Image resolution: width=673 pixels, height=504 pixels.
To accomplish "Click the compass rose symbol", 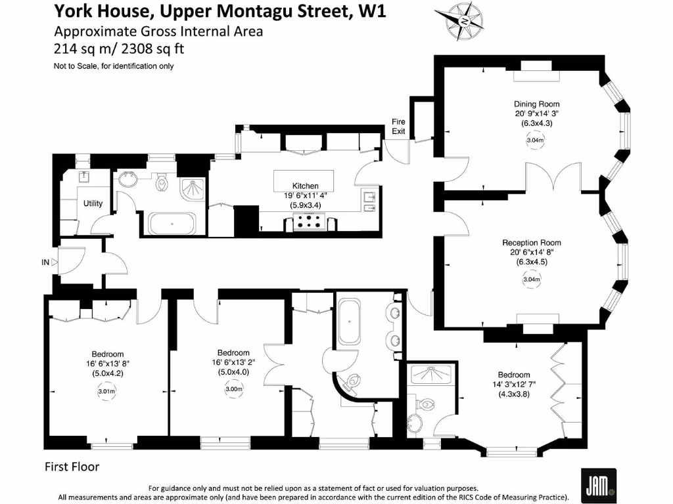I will click(x=465, y=21).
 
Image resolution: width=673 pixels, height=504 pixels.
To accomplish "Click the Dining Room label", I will click(x=536, y=104).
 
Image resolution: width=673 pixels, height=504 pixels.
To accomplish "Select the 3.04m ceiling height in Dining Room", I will click(x=535, y=140).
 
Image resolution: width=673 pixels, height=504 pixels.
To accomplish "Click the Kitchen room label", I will click(x=305, y=186).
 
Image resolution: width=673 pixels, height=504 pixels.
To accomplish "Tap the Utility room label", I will click(x=93, y=203).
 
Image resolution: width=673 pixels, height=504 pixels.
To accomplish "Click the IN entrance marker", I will click(x=45, y=262).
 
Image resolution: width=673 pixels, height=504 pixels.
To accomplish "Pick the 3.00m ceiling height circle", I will click(x=233, y=388).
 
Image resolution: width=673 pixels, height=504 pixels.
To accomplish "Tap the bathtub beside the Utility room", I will click(x=172, y=224).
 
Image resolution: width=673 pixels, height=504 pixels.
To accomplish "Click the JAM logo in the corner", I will click(x=598, y=485).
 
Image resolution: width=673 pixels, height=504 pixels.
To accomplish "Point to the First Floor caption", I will click(x=72, y=467).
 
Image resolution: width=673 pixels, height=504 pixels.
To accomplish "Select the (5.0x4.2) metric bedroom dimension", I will click(x=108, y=374).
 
